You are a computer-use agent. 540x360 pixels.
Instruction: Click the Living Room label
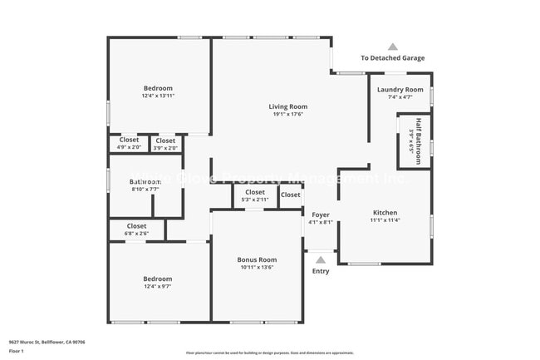tap(287, 106)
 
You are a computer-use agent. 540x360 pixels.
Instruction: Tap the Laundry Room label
tap(400, 90)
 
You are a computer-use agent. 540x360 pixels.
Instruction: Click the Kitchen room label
tap(384, 213)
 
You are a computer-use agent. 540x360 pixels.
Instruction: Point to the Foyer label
tap(320, 215)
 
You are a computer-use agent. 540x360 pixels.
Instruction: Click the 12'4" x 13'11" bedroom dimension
tap(158, 96)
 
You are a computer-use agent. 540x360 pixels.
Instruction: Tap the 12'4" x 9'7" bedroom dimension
tap(157, 287)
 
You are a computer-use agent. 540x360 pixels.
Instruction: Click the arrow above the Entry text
tap(321, 259)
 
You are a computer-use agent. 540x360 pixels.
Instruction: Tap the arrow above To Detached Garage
tap(392, 47)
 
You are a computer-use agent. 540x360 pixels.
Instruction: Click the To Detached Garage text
tap(392, 58)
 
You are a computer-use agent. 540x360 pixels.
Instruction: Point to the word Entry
tap(321, 271)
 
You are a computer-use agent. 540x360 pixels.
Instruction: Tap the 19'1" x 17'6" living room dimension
tap(287, 115)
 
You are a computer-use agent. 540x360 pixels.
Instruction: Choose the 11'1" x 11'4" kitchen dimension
tap(384, 221)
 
